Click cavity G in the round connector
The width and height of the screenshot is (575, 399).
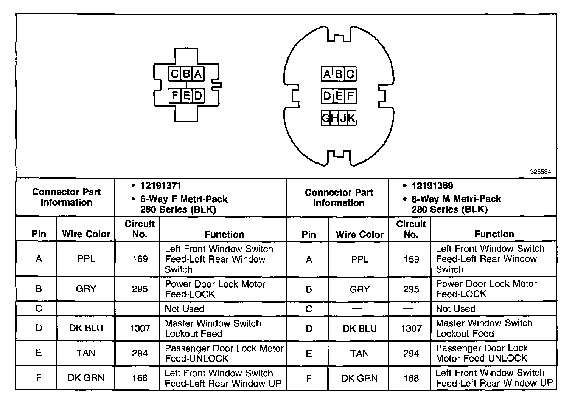[x=325, y=118]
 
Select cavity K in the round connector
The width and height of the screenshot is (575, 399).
[x=351, y=118]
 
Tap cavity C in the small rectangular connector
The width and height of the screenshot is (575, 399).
[x=174, y=74]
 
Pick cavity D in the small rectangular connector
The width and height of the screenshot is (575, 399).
[x=198, y=96]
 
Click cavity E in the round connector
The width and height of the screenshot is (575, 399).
[x=339, y=96]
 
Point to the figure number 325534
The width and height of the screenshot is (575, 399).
[x=540, y=172]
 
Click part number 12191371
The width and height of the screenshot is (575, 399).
[x=161, y=186]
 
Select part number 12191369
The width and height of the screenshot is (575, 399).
[x=432, y=186]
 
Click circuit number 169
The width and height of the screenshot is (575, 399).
[x=140, y=259]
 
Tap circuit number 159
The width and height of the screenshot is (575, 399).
[x=411, y=259]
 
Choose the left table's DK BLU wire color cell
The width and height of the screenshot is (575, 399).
[x=86, y=328]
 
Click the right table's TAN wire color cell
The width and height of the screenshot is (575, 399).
[x=359, y=353]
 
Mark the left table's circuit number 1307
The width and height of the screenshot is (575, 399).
[x=140, y=328]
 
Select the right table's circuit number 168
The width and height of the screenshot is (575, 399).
[x=411, y=378]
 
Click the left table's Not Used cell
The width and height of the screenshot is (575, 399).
[x=185, y=309]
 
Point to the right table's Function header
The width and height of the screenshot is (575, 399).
[x=494, y=234]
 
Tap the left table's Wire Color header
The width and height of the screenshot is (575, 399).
[x=86, y=234]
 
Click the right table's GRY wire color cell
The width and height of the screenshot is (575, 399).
[x=359, y=289]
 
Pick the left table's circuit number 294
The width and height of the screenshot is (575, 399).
[x=140, y=353]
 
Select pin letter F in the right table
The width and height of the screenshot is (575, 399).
[x=309, y=378]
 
